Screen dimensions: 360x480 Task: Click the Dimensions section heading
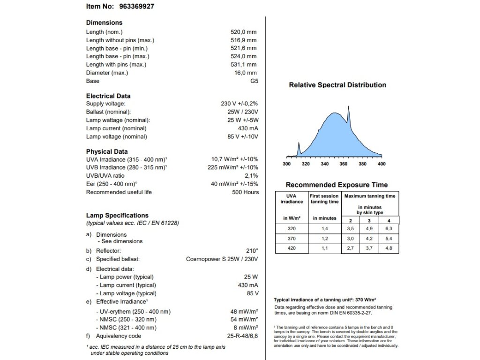[x=104, y=22]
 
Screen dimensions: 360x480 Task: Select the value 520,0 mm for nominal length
[x=243, y=32]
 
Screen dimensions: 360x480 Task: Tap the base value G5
[x=254, y=81]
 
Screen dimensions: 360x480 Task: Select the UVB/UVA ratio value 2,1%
[x=251, y=176]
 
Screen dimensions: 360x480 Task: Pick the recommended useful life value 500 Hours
[x=245, y=192]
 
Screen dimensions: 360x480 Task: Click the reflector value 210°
[x=252, y=251]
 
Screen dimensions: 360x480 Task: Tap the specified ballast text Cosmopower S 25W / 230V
[x=222, y=259]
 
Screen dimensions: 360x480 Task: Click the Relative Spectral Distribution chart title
[x=337, y=85]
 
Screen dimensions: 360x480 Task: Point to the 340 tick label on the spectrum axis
[x=325, y=164]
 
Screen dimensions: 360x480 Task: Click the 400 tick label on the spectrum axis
[x=381, y=164]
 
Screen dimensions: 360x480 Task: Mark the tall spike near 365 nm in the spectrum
[x=348, y=109]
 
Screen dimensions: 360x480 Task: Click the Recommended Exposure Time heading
[x=337, y=185]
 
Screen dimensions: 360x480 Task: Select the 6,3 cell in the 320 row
[x=389, y=229]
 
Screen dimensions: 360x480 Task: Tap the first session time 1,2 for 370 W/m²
[x=324, y=239]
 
